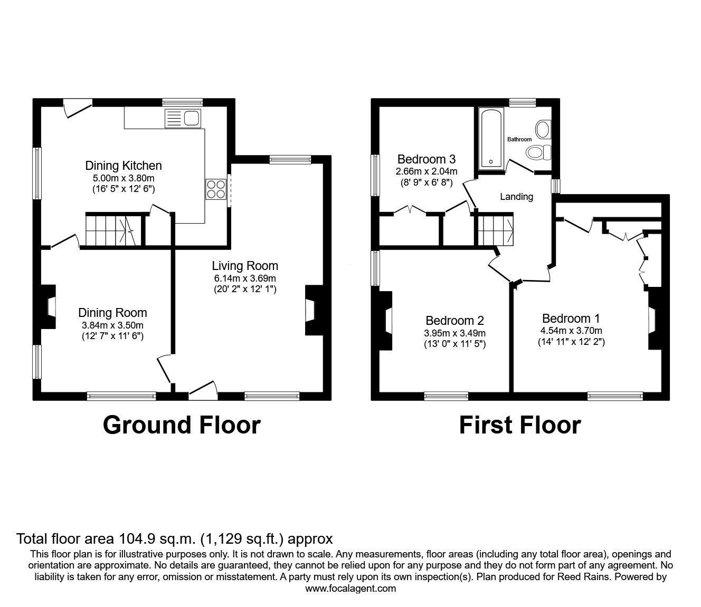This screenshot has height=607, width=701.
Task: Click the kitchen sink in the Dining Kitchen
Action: (x=182, y=118)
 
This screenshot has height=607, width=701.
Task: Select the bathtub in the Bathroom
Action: (x=491, y=139)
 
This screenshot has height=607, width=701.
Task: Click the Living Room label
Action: (x=245, y=266)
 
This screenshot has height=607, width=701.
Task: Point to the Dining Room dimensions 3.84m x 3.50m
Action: (x=112, y=325)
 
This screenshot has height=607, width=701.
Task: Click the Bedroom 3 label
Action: (x=427, y=159)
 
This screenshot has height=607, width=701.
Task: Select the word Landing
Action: (x=516, y=197)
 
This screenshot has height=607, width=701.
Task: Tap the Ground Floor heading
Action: (x=182, y=425)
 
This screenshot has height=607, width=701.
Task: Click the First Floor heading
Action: (x=519, y=425)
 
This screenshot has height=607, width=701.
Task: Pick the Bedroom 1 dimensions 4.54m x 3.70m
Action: (x=571, y=331)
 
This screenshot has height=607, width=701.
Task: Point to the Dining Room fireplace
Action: (x=49, y=307)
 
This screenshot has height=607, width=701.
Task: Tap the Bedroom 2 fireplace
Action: (x=386, y=321)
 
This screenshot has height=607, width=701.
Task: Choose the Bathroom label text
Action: (x=519, y=139)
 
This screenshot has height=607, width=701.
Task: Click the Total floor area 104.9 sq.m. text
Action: (x=175, y=539)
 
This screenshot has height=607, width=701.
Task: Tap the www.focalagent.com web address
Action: (x=350, y=588)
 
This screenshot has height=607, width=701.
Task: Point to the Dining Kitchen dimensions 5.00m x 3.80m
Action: (x=124, y=179)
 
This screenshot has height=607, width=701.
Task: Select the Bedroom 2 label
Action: (x=454, y=321)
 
